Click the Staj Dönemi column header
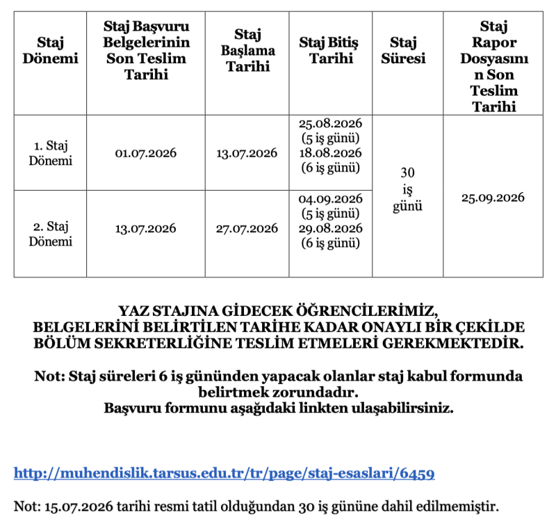coord(50,51)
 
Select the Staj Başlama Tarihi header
coord(247,51)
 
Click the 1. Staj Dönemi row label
coord(50,152)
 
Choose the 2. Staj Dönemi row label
coord(50,234)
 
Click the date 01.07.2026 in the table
coord(145,153)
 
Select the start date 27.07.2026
coord(247,228)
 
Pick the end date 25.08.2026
coord(331,124)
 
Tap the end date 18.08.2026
coord(331,153)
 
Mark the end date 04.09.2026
coord(331,199)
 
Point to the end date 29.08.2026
coord(331,228)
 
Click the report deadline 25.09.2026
coord(493,197)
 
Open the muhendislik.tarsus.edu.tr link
coord(224,474)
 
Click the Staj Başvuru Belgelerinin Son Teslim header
coord(146,51)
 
